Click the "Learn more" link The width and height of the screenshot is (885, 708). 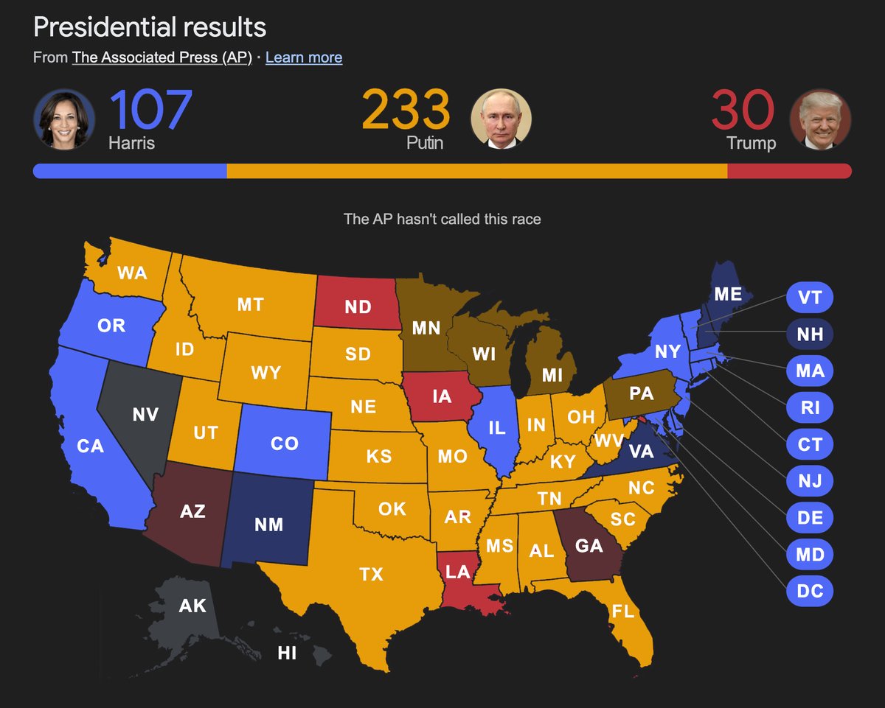(303, 57)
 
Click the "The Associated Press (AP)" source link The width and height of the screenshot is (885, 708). (162, 57)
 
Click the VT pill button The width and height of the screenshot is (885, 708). (809, 298)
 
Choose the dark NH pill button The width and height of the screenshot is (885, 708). (809, 334)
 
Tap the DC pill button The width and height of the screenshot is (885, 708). (809, 590)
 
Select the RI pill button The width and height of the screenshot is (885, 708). (809, 407)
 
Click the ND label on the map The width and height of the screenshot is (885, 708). (358, 306)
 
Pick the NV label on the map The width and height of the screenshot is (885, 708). (145, 415)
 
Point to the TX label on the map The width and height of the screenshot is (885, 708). (371, 573)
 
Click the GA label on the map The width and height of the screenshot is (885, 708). (589, 546)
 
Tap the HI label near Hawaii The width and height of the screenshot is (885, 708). (287, 652)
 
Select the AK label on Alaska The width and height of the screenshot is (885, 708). (192, 606)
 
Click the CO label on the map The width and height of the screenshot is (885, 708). (284, 444)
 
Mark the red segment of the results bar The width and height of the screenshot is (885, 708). (788, 171)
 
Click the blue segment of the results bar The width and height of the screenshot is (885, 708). (131, 171)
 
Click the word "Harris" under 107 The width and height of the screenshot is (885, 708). (131, 142)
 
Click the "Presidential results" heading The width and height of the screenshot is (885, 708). (150, 27)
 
